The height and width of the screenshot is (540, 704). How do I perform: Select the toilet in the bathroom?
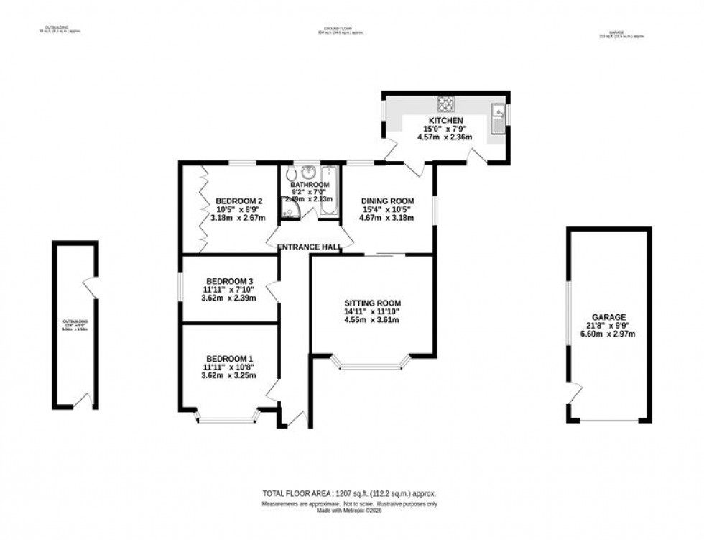click(x=291, y=174)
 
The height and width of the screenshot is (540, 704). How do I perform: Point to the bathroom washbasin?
click(x=309, y=173)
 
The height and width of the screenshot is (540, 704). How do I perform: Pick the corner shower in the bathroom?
click(x=289, y=209)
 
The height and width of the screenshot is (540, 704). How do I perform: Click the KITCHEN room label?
click(x=445, y=120)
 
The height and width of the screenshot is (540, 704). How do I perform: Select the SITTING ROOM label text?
click(x=371, y=303)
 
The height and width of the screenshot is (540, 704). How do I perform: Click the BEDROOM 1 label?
click(x=229, y=358)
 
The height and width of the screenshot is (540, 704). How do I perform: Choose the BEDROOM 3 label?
click(x=229, y=281)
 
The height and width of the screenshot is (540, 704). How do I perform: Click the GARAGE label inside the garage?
click(x=608, y=316)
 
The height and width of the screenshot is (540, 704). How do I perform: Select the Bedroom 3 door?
click(x=272, y=292)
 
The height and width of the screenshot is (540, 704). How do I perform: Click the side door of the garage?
click(x=573, y=393)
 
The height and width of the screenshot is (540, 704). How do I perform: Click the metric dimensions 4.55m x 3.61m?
click(x=371, y=321)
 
